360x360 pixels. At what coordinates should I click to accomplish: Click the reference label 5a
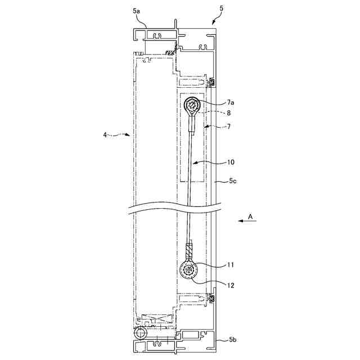click(136, 11)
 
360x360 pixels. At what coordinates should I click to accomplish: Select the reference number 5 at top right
click(221, 8)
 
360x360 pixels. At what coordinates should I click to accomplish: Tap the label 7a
click(231, 102)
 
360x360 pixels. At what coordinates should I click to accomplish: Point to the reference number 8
click(228, 112)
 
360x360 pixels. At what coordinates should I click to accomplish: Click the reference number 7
click(229, 126)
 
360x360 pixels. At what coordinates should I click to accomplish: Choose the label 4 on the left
click(105, 135)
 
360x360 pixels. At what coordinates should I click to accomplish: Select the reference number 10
click(231, 162)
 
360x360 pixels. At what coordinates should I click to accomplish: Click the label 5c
click(232, 181)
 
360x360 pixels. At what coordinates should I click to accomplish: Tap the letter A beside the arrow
click(250, 216)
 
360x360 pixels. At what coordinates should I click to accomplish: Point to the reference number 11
click(230, 265)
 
